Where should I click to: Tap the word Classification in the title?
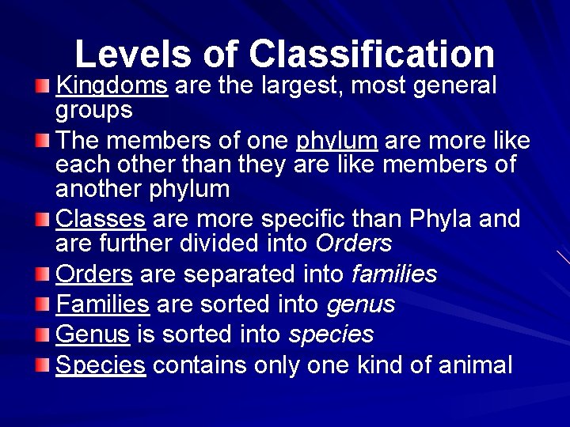tap(372, 54)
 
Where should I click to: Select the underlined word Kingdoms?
tap(112, 85)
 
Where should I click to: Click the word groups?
tap(93, 109)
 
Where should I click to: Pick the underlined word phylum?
tap(336, 141)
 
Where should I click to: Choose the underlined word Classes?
tap(101, 218)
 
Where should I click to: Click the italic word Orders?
tap(353, 243)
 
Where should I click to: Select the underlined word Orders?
tap(94, 274)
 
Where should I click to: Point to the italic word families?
tap(393, 274)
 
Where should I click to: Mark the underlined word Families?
tap(103, 304)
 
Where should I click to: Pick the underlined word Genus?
tap(93, 334)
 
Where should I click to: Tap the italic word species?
tap(331, 334)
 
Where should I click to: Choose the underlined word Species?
tap(101, 365)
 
